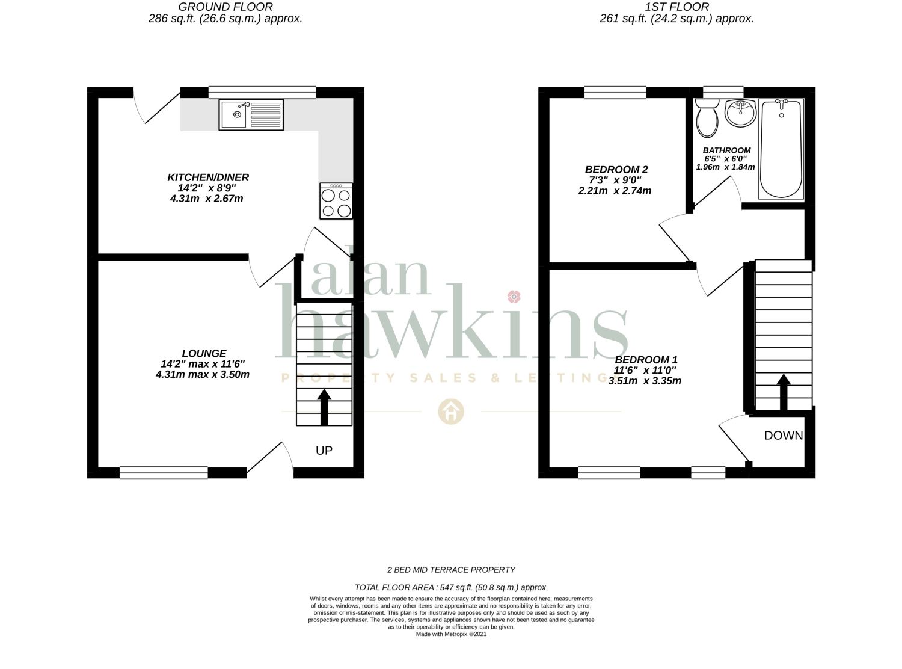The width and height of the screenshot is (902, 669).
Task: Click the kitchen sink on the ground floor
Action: [251, 114]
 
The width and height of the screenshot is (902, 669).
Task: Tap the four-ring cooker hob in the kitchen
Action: [336, 201]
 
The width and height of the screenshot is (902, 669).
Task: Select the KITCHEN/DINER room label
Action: [207, 177]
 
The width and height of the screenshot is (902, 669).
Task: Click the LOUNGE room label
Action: [204, 353]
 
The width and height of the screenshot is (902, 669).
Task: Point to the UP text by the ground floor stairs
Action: [324, 450]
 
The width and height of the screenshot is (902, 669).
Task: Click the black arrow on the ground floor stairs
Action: [324, 407]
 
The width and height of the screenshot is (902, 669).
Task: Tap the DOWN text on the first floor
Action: [784, 436]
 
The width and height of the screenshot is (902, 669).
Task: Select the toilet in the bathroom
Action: [707, 119]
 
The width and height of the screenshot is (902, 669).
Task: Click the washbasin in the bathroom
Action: [740, 113]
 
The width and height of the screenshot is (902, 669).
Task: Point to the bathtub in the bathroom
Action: [781, 149]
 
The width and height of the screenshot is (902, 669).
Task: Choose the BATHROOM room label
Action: [726, 150]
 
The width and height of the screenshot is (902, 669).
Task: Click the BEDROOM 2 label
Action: [616, 170]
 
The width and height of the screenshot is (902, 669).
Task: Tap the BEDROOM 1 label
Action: [646, 359]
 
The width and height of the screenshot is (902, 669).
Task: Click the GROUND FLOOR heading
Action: [226, 7]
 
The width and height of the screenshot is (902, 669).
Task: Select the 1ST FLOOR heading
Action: [677, 7]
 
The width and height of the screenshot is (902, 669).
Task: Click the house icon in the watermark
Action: [450, 412]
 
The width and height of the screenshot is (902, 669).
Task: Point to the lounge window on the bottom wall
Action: [164, 472]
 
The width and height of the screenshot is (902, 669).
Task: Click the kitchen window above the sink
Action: [262, 92]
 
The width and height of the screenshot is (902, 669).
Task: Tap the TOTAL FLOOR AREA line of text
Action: [451, 587]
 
